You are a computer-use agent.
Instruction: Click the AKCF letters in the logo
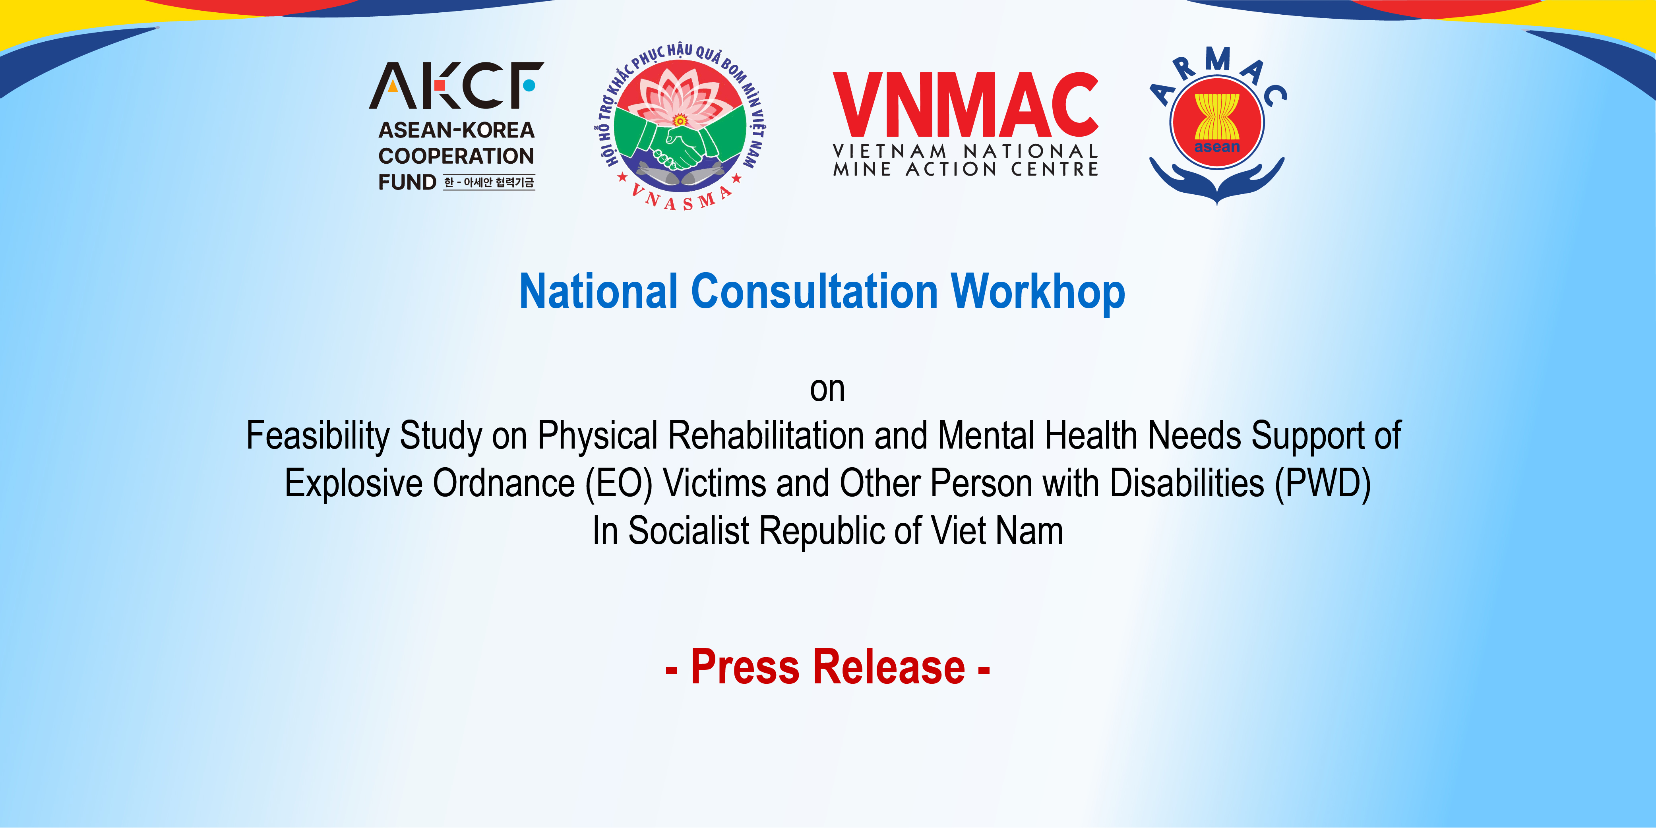(x=457, y=85)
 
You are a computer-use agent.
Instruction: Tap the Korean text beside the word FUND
(x=489, y=183)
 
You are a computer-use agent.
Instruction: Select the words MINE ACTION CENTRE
(x=966, y=169)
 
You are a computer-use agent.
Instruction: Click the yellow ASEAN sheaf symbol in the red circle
(x=1217, y=118)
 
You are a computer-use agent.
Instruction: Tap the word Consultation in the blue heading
(x=815, y=292)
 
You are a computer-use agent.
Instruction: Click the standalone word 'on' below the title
(x=827, y=390)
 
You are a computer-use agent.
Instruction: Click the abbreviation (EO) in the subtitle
(x=619, y=484)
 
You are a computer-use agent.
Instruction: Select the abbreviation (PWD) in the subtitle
(x=1323, y=484)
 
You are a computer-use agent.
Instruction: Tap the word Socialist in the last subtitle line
(x=688, y=532)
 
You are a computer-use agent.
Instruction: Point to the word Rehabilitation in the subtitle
(x=766, y=436)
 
